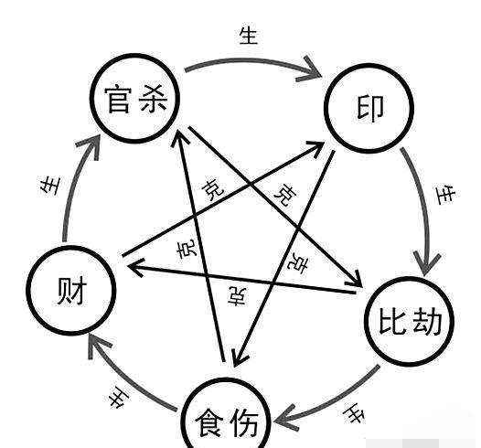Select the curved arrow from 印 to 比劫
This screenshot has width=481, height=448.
click(x=425, y=208)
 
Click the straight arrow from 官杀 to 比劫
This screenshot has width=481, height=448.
click(x=275, y=207)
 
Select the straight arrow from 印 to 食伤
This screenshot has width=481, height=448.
click(x=283, y=258)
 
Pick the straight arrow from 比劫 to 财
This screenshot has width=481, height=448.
click(x=241, y=278)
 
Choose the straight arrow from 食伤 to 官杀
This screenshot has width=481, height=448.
click(x=199, y=245)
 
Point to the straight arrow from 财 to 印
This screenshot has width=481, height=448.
click(x=223, y=198)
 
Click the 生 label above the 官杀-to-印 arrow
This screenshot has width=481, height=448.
click(x=249, y=36)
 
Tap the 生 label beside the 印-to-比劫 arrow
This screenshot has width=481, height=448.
click(x=445, y=195)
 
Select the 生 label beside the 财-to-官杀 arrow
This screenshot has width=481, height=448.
click(x=50, y=186)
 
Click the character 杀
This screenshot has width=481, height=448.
click(x=154, y=99)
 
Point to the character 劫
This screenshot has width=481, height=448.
click(x=427, y=321)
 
